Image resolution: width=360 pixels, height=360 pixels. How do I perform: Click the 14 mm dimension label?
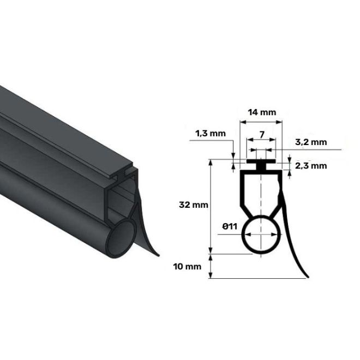click(262, 112)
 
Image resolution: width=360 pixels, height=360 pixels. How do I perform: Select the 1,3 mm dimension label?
click(211, 134)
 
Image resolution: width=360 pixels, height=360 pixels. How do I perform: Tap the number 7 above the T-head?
click(262, 135)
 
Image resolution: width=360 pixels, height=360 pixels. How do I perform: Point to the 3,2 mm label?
click(311, 142)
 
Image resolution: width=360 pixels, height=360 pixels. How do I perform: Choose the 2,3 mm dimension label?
click(311, 166)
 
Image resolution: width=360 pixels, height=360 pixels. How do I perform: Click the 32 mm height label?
click(194, 205)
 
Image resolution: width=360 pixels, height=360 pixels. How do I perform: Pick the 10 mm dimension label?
click(187, 267)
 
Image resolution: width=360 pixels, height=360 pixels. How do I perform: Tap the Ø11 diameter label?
click(230, 227)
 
